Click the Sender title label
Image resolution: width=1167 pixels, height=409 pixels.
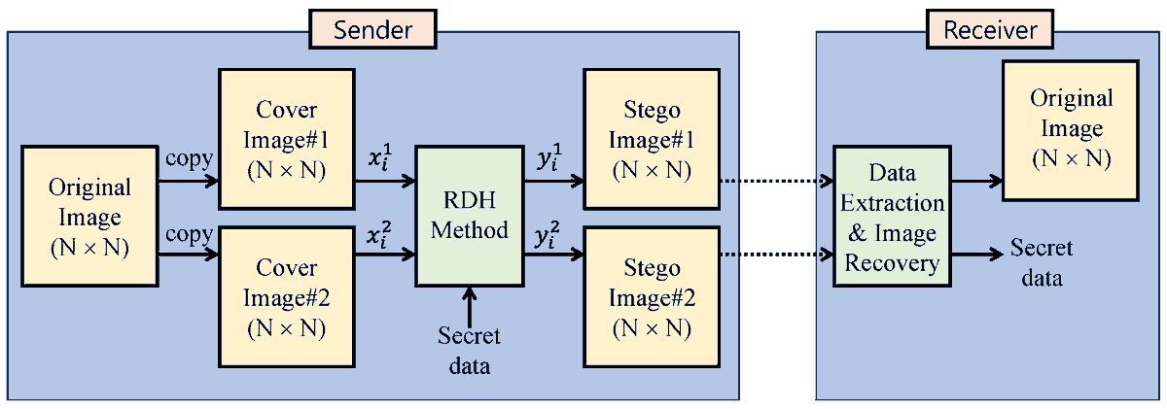coord(372,28)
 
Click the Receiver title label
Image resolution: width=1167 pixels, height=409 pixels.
coord(990,28)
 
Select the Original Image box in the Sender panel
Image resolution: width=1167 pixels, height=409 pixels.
coord(89,216)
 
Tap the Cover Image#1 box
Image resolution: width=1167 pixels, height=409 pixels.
coord(288,138)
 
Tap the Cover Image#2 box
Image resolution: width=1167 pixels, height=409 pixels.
coord(288,296)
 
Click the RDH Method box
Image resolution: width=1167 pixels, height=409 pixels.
coord(470,216)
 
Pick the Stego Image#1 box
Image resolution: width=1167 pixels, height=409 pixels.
coord(651,138)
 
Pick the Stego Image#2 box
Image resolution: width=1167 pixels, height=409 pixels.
coord(651,296)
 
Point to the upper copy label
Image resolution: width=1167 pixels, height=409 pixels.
coord(189,159)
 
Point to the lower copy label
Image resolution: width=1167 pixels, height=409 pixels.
coord(189,236)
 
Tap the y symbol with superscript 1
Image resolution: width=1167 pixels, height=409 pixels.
coord(548,159)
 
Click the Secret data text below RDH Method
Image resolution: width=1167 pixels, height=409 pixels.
coord(470,351)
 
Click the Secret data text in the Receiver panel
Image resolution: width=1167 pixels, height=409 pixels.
coord(1041,262)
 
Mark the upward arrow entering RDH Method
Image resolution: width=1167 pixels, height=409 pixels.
coord(470,307)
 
